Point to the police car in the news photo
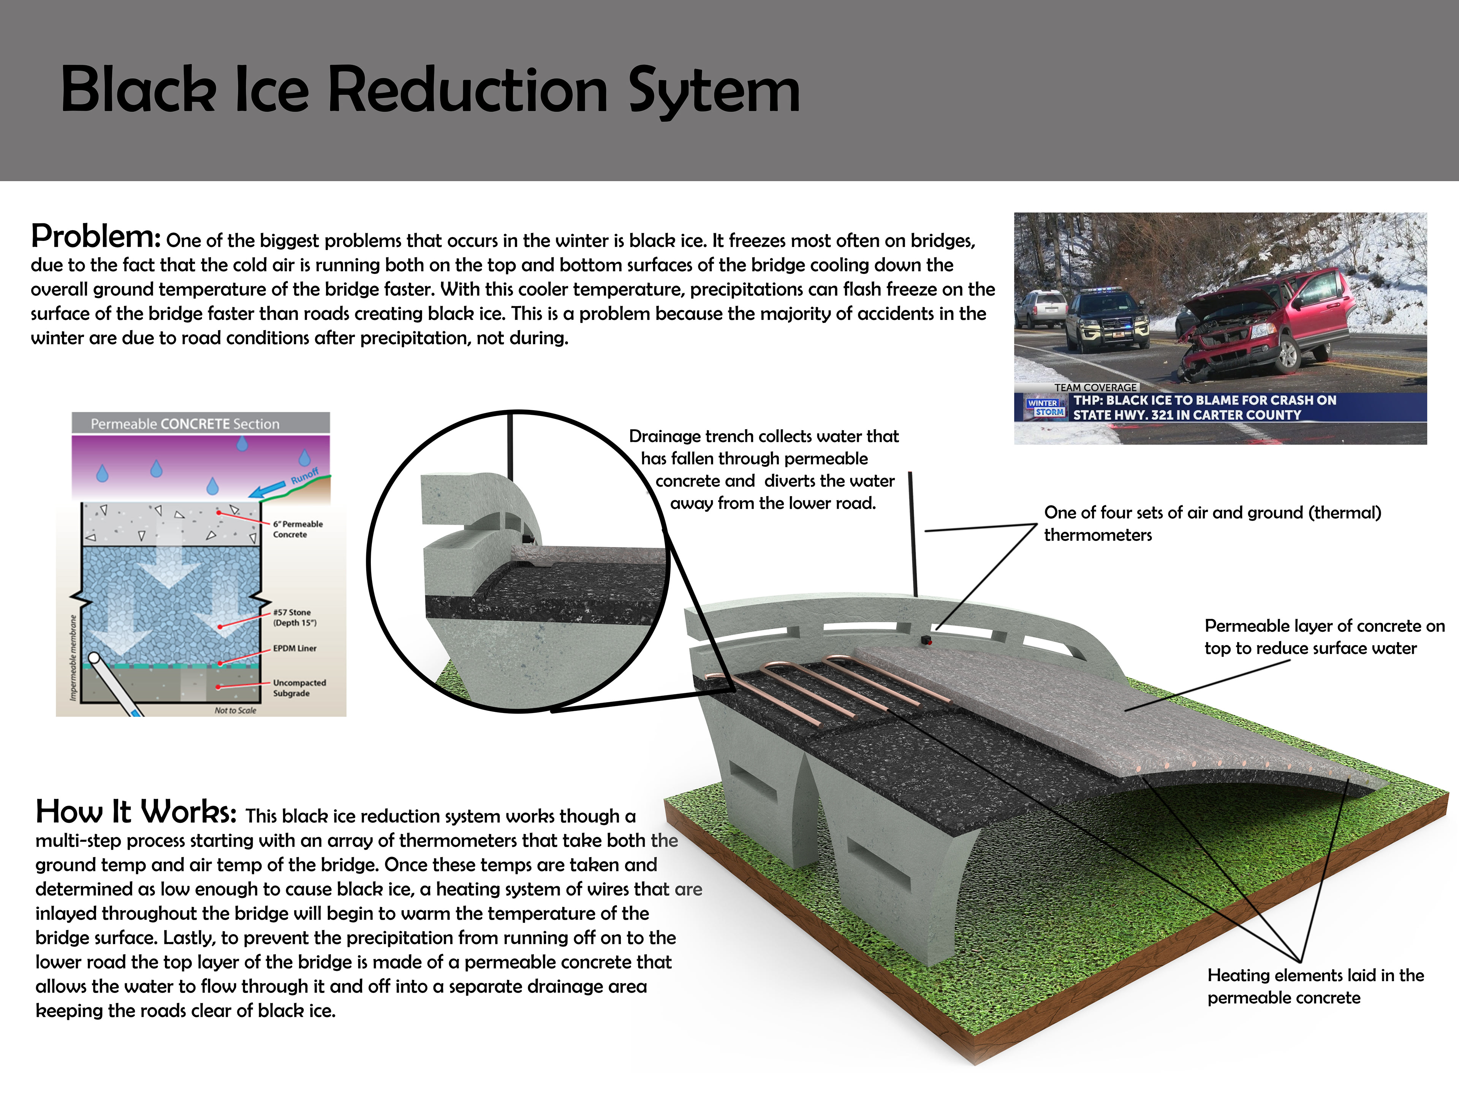[x=1106, y=320]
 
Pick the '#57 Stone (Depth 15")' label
[x=295, y=617]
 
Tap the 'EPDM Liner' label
[x=295, y=648]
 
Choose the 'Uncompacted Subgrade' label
[x=299, y=688]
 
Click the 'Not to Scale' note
[x=236, y=710]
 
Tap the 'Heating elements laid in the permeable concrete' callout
[x=1315, y=986]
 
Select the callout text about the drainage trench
[x=764, y=470]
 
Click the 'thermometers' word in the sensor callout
[x=1098, y=535]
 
